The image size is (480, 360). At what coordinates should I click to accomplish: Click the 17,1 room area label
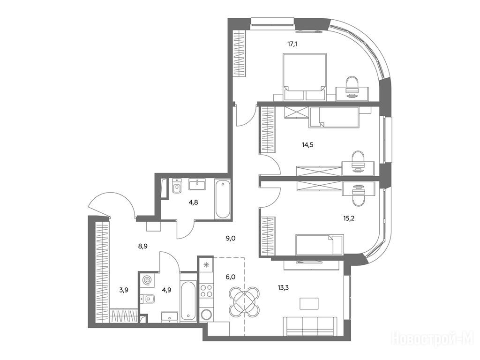coord(292,44)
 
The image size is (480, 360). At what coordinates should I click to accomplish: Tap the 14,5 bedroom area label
coord(307,145)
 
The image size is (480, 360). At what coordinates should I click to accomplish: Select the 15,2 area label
coord(349,218)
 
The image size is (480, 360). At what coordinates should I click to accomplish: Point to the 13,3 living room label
coord(283,287)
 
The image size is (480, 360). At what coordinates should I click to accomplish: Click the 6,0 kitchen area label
coord(230,277)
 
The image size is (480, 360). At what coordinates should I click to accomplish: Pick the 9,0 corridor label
coord(231,238)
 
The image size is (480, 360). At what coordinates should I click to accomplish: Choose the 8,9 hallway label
coord(143,246)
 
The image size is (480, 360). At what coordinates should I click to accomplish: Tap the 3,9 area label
coord(124,290)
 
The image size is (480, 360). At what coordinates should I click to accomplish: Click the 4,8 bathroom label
coord(193,202)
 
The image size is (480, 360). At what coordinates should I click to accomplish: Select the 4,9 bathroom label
coord(166,290)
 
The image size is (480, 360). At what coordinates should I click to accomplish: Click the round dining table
coord(244,301)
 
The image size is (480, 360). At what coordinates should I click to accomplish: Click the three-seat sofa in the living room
coord(310,327)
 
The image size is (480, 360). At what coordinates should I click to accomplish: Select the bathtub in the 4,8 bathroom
coord(222,199)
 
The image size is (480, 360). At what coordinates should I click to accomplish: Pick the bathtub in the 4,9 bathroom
coord(187,297)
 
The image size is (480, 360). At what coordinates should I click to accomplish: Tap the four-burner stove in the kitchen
coord(206,291)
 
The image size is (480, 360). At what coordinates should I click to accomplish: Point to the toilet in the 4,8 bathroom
coord(177,186)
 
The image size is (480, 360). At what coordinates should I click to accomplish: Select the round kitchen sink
coord(206,315)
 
